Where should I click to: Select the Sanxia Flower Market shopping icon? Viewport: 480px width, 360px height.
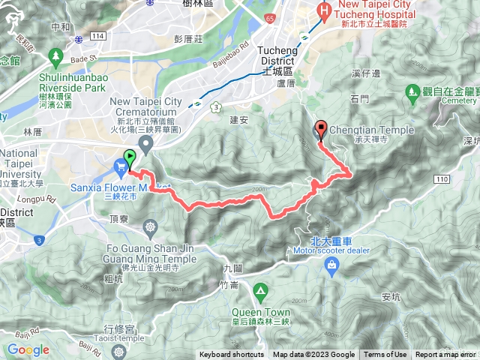(x=120, y=166)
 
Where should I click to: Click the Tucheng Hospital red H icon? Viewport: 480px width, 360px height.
(x=323, y=10)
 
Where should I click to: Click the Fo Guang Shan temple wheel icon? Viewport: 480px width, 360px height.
(x=151, y=226)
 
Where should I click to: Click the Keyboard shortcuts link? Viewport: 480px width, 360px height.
(x=232, y=355)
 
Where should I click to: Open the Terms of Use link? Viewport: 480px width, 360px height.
(x=385, y=355)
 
